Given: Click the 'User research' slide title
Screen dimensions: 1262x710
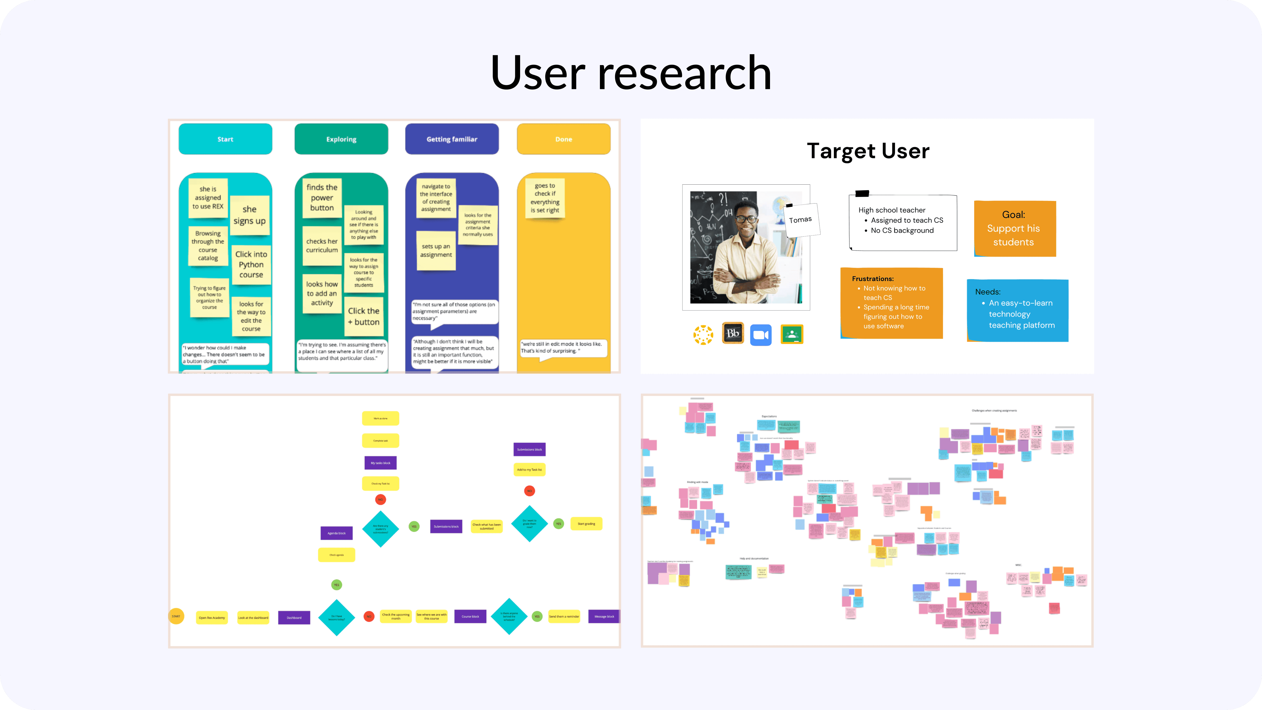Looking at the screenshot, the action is pyautogui.click(x=631, y=73).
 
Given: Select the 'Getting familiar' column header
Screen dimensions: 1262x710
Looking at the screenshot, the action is pyautogui.click(x=452, y=139).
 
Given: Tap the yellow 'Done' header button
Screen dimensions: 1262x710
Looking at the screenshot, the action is pyautogui.click(x=563, y=139).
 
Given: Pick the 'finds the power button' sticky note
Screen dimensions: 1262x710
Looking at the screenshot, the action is pyautogui.click(x=322, y=197).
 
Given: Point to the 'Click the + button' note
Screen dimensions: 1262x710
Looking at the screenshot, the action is pyautogui.click(x=364, y=316).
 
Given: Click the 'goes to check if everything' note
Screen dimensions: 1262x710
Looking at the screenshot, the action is pyautogui.click(x=545, y=198).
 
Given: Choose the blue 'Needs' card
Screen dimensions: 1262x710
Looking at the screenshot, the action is pyautogui.click(x=1017, y=310).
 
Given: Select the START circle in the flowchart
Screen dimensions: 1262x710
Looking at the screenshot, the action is pyautogui.click(x=176, y=616).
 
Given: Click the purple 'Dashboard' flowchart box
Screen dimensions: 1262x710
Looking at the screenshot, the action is pyautogui.click(x=294, y=617).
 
